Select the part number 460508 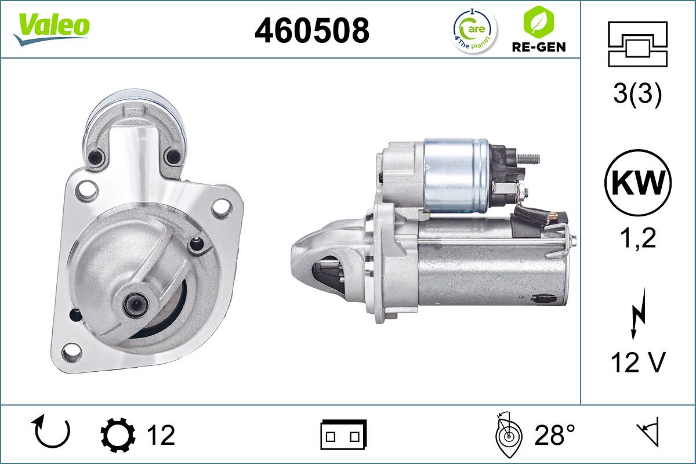pos(311,30)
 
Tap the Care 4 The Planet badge pos(474,30)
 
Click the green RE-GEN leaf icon pos(538,21)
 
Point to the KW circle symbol pos(638,183)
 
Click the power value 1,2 pos(638,237)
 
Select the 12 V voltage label pos(638,363)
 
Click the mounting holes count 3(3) pos(638,95)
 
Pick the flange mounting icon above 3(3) pos(638,44)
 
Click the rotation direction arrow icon pos(52,433)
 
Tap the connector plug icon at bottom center pos(343,434)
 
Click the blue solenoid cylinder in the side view pos(456,174)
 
